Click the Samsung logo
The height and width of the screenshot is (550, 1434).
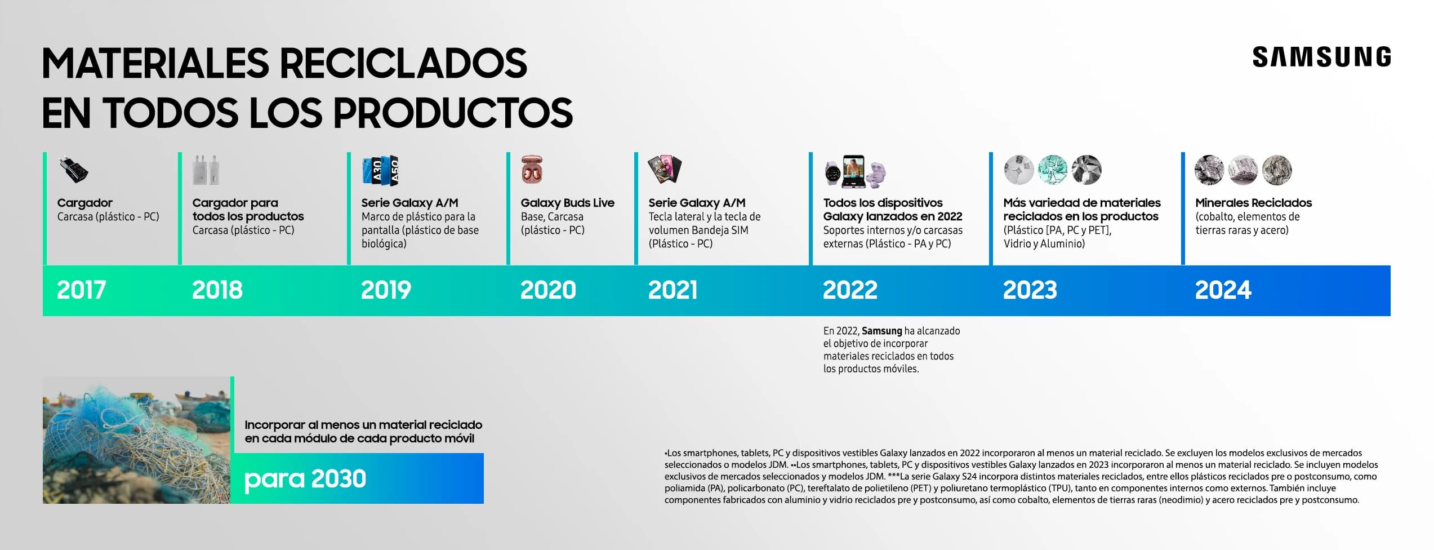point(1321,57)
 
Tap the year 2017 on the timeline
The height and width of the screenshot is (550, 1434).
point(81,290)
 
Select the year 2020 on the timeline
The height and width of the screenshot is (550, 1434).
point(548,290)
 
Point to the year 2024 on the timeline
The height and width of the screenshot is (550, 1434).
point(1223,290)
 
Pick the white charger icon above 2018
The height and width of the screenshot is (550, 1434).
point(206,170)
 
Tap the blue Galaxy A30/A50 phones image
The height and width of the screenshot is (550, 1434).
point(381,170)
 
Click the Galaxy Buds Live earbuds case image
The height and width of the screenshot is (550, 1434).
point(532,169)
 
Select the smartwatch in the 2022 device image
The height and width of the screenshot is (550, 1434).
point(833,173)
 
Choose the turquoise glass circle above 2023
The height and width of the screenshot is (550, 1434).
point(1053,170)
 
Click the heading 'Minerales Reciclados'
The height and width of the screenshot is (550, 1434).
point(1253,203)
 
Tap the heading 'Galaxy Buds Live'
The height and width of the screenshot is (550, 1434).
point(567,203)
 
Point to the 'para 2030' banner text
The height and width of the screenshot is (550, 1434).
point(305,479)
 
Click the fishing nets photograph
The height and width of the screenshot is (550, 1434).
point(136,440)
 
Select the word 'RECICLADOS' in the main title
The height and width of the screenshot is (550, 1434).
point(403,63)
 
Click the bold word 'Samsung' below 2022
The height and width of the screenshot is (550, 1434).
point(881,331)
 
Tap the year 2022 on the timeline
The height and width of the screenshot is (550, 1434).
point(850,290)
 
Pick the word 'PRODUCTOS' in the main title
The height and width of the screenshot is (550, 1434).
point(453,113)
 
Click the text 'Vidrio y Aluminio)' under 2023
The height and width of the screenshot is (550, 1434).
point(1044,243)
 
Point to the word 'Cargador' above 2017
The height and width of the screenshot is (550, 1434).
point(84,203)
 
